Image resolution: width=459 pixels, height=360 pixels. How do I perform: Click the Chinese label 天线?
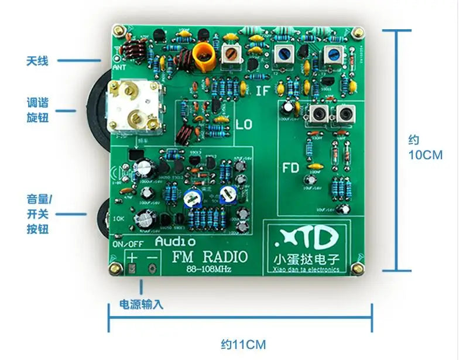pyautogui.click(x=37, y=60)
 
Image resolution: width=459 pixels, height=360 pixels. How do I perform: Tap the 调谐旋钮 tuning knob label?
pyautogui.click(x=37, y=110)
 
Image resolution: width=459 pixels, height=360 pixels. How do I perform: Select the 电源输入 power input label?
pyautogui.click(x=141, y=304)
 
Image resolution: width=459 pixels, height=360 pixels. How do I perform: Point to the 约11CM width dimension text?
pyautogui.click(x=239, y=344)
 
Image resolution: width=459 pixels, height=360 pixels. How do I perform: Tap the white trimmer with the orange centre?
pyautogui.click(x=233, y=56)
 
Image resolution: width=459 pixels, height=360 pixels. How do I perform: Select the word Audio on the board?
pyautogui.click(x=176, y=241)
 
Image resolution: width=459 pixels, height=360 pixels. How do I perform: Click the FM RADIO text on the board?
pyautogui.click(x=209, y=256)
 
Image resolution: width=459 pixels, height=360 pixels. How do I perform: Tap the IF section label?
pyautogui.click(x=264, y=91)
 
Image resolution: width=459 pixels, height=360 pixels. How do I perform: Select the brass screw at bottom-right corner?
pyautogui.click(x=354, y=268)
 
